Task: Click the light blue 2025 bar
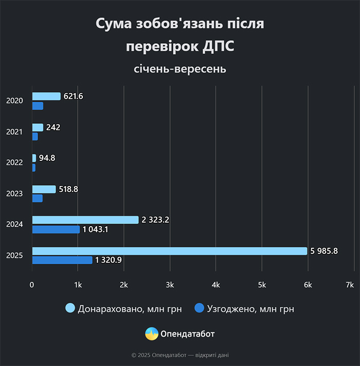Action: pos(170,251)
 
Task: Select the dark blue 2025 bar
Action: pos(62,260)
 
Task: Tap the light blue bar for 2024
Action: pos(85,220)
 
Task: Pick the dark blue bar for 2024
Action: pos(56,229)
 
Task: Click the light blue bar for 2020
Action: pos(46,96)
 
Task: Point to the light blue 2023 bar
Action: pos(44,189)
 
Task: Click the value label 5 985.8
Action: pos(324,251)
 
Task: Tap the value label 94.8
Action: pos(47,158)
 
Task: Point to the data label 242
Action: pos(53,127)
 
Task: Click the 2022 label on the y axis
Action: pos(14,162)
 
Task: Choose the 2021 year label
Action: pos(14,132)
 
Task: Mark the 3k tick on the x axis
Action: pos(170,284)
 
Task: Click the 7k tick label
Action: pos(350,284)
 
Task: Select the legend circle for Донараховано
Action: pos(70,308)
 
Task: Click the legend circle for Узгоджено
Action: pos(200,308)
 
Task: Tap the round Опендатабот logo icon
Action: pos(152,334)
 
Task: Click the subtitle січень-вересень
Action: pos(180,68)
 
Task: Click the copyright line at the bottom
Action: pos(180,355)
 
